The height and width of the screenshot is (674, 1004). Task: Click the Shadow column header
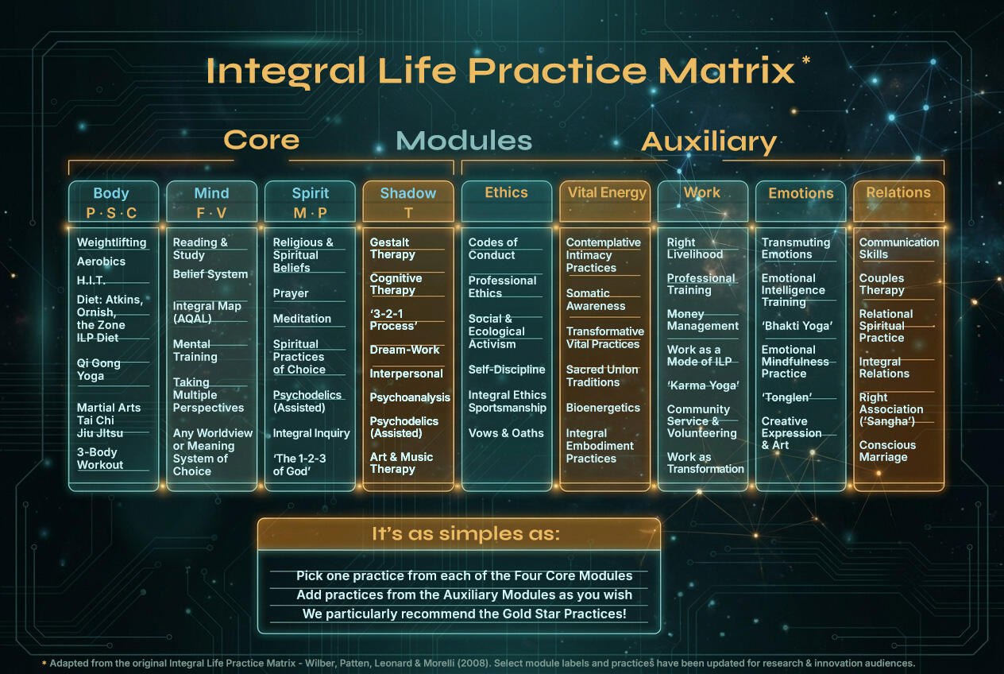coord(408,193)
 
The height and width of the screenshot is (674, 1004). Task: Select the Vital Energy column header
coord(607,193)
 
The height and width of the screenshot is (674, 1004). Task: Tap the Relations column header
coord(898,192)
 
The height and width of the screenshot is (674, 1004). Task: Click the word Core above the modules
coord(261,140)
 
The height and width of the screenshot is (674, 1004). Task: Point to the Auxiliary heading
coord(709,141)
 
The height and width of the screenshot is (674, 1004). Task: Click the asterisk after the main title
coord(806,60)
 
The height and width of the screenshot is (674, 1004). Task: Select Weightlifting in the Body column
coord(112,242)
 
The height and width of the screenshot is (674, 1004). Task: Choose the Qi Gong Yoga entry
coord(98,370)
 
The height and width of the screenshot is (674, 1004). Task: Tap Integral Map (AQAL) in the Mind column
coord(207,312)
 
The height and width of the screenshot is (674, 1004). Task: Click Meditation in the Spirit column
coord(302,319)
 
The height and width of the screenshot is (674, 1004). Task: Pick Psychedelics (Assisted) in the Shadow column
coord(404,428)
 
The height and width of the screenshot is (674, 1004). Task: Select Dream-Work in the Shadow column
coord(404,350)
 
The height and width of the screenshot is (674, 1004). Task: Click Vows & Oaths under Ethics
coord(506,433)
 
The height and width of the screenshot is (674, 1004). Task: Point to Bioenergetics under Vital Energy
coord(603,408)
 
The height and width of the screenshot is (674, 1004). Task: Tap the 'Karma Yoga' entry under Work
coord(703,385)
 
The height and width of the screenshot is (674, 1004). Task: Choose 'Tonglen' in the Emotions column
coord(786,397)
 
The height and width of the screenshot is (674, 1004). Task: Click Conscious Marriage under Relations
coord(887,451)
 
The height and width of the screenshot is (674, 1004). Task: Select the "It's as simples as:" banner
coord(459,534)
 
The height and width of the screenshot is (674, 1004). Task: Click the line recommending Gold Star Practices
coord(464,614)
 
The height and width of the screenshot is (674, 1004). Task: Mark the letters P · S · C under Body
coord(111,213)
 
